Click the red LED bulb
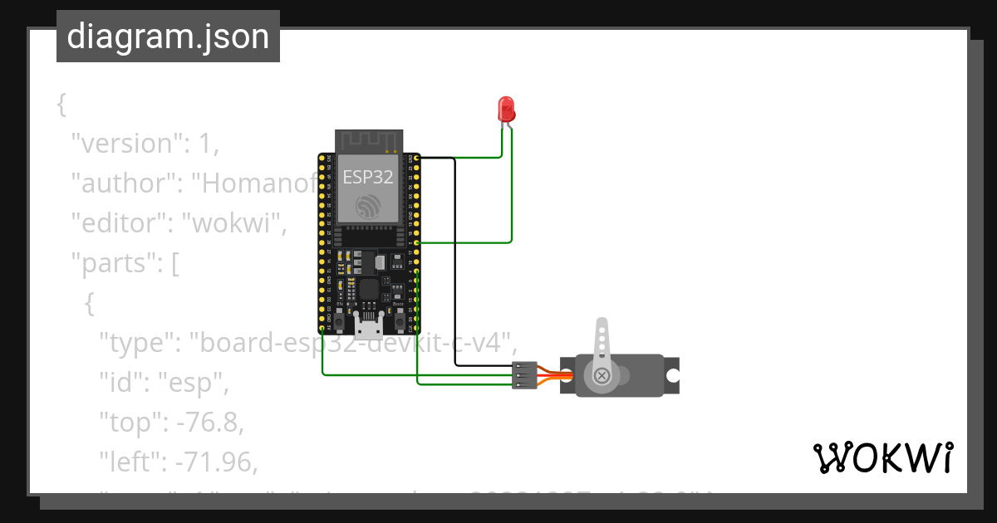[505, 109]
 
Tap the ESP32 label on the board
[368, 176]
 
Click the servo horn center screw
[602, 377]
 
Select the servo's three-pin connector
[524, 376]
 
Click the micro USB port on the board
[368, 325]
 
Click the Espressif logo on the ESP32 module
[368, 206]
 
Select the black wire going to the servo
[455, 266]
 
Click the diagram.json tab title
[168, 37]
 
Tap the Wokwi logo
[882, 458]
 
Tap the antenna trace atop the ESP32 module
[368, 140]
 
